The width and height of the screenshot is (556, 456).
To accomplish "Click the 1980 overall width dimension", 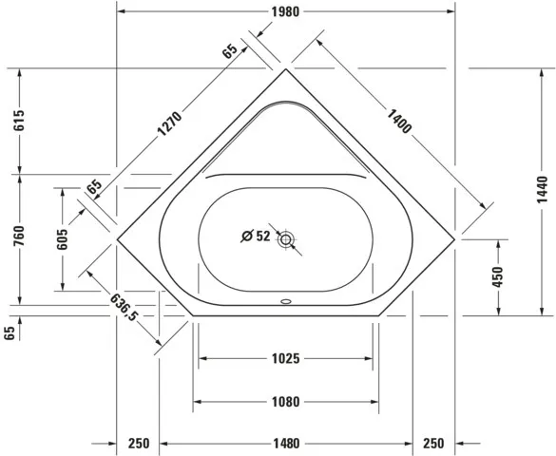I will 285,12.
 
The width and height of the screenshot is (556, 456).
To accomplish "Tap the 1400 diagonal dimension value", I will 400,122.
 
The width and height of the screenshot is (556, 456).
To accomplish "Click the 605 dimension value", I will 63,239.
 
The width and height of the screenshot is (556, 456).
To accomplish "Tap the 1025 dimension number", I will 285,359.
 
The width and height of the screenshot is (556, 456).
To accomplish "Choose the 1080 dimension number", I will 285,402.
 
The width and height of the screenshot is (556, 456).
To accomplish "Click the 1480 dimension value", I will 285,444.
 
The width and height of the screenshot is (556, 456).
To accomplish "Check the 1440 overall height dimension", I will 541,190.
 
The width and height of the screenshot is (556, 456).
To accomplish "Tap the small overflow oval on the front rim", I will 285,305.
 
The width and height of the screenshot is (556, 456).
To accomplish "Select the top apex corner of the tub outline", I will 285,69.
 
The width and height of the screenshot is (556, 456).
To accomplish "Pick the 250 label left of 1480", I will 139,444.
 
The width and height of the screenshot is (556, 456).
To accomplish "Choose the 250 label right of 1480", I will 433,444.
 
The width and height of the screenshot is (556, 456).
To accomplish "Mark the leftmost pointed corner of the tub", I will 116,239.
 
